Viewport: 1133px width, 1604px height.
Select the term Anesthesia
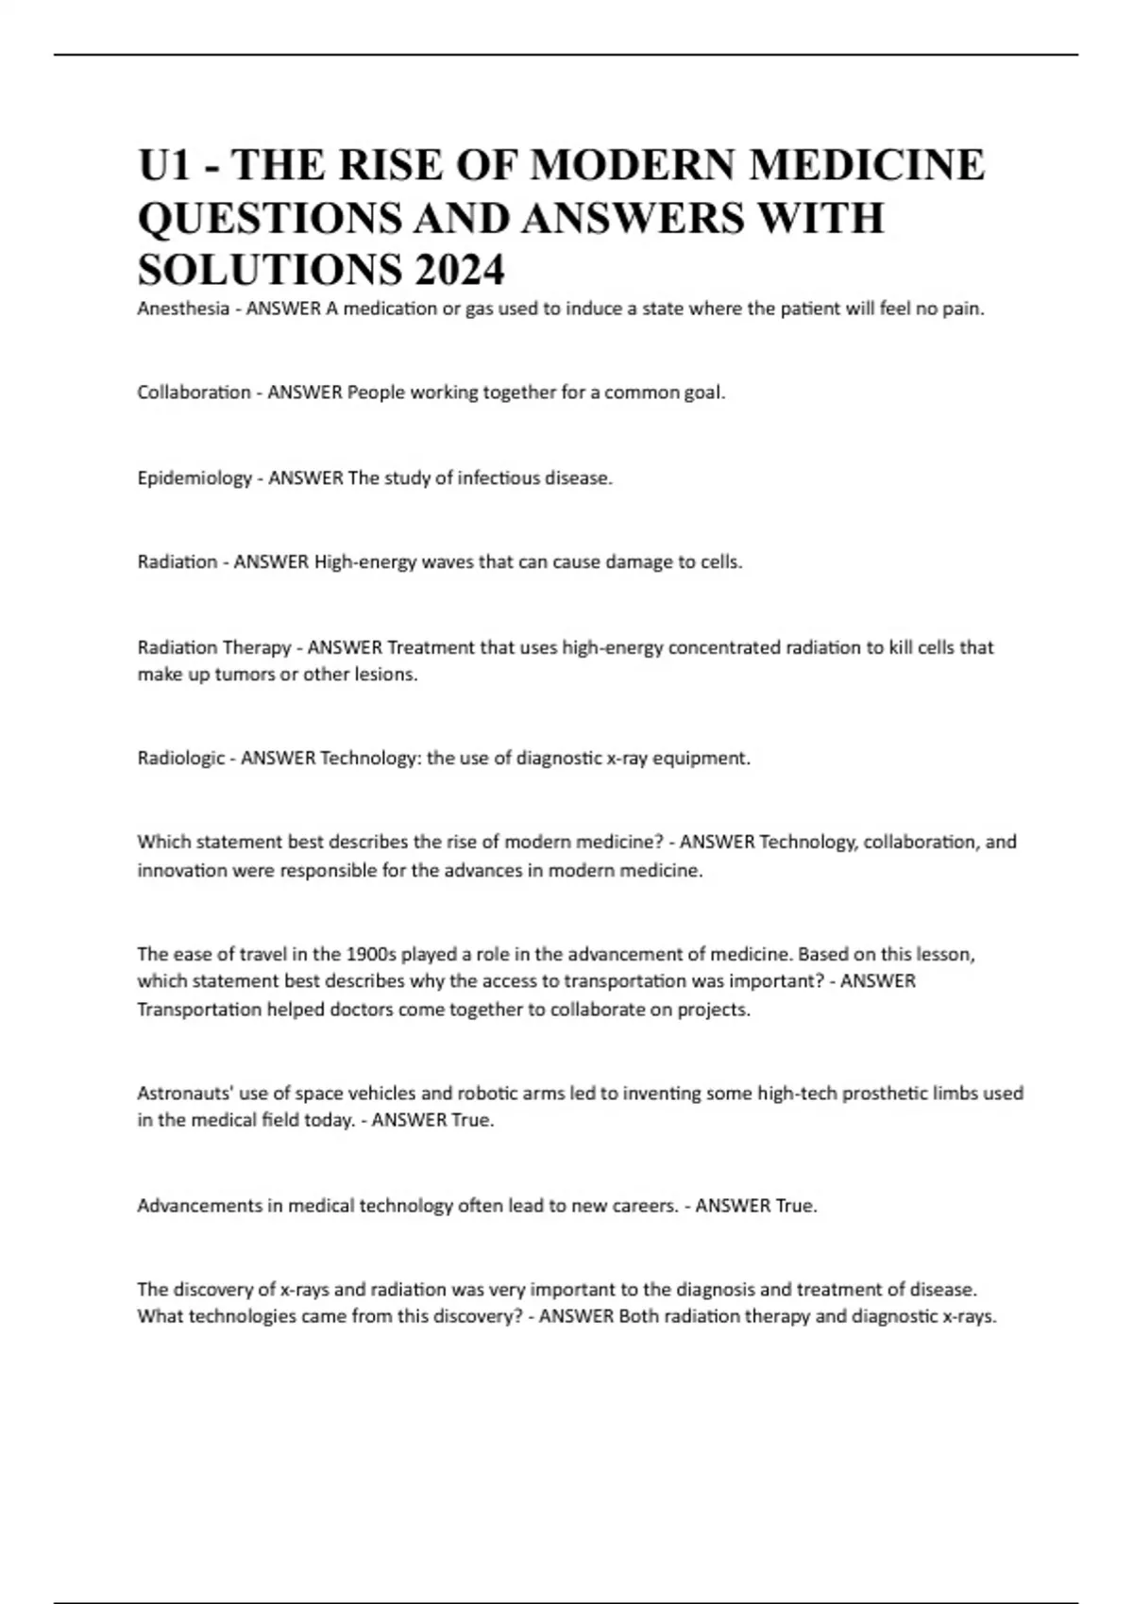pyautogui.click(x=183, y=309)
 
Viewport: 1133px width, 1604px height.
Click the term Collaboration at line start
pyautogui.click(x=194, y=393)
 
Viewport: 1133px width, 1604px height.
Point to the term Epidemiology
pyautogui.click(x=194, y=477)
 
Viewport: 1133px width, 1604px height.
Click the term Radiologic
pyautogui.click(x=181, y=758)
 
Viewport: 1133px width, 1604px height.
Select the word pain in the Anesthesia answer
pyautogui.click(x=964, y=309)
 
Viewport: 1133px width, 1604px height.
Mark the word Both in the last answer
pyautogui.click(x=638, y=1316)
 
